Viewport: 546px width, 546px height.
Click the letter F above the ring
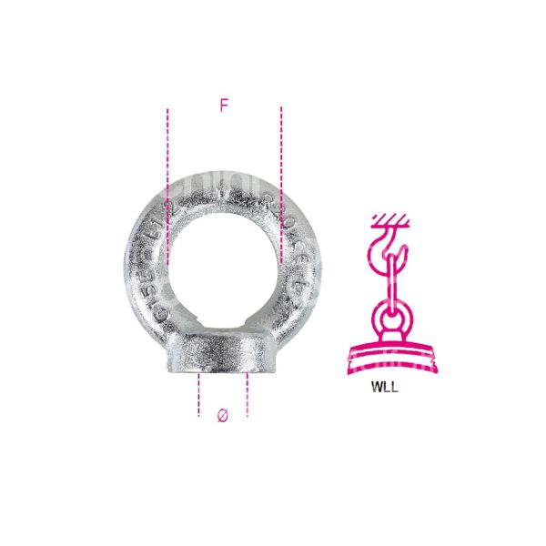point(223,106)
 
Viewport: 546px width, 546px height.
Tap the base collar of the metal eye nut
point(223,355)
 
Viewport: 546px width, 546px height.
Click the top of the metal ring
point(224,181)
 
